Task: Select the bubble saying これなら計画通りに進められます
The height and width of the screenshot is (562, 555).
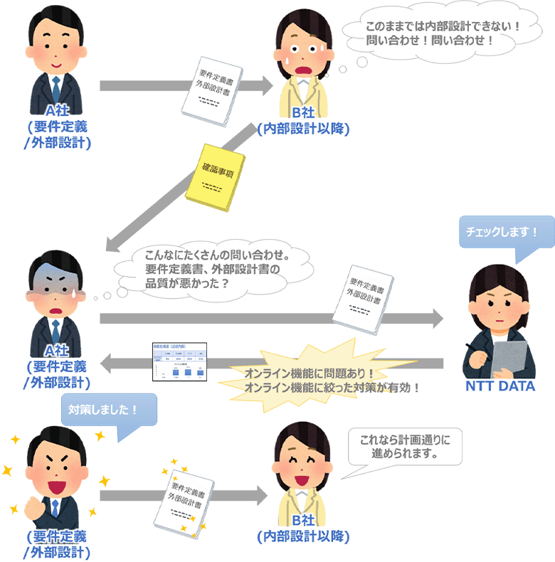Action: pyautogui.click(x=404, y=447)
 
